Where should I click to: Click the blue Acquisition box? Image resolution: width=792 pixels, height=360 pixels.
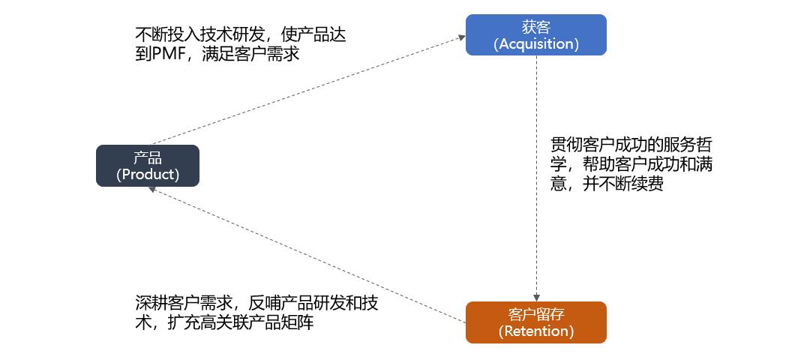[x=535, y=34]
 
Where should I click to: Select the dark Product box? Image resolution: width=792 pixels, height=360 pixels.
[x=148, y=166]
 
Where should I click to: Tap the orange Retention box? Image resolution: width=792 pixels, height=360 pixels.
[x=535, y=322]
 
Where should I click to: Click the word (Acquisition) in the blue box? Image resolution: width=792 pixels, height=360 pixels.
[x=535, y=43]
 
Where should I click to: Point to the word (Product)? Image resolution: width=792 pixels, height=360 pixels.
[x=148, y=175]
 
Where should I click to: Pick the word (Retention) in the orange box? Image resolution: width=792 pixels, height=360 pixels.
[x=535, y=331]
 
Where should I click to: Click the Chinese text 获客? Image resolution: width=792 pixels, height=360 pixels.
[x=535, y=27]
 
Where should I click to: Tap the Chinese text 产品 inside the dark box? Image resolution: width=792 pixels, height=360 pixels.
[x=148, y=157]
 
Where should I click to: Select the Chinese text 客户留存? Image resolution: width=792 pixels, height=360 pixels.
[x=535, y=314]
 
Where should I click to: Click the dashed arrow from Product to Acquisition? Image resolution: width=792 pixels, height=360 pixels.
[x=307, y=89]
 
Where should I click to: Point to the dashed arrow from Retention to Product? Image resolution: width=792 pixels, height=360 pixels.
[x=307, y=255]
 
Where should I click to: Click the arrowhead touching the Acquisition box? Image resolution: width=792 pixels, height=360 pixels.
[x=461, y=36]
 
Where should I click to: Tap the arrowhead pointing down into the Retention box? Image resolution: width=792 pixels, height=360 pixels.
[x=536, y=297]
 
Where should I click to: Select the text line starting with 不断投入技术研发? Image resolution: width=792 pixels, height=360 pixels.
[x=241, y=34]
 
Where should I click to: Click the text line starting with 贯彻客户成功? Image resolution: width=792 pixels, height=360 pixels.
[x=631, y=144]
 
